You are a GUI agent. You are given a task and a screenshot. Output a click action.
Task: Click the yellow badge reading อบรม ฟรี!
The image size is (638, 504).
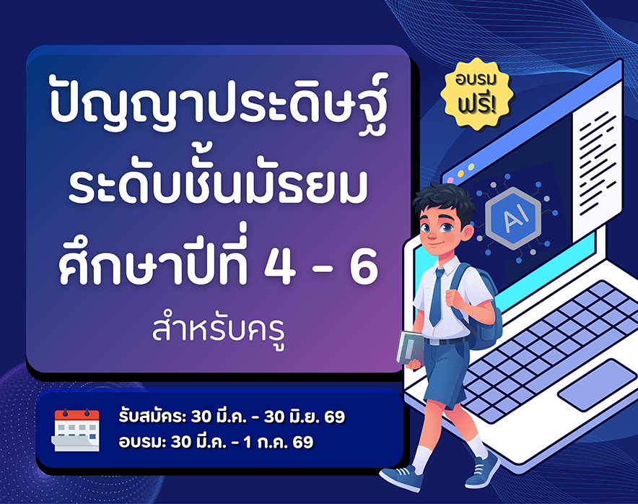pos(477,94)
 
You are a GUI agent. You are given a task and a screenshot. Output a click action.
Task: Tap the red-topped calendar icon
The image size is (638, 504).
pos(76,430)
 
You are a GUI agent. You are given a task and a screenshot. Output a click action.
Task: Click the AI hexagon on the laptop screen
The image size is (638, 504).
pos(513,218)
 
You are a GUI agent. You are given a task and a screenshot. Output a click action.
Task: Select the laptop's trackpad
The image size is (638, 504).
pos(596,385)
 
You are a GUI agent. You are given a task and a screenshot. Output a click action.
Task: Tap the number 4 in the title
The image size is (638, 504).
pos(280,266)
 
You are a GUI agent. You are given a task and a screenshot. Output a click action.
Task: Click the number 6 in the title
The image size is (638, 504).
pos(364,266)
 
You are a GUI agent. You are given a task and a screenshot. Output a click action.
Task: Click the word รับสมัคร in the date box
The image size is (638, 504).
pos(152,417)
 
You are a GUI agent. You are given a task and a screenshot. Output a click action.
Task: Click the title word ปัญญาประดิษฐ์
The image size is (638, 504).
pos(219,103)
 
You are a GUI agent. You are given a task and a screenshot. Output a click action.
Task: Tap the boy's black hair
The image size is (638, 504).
pos(444,202)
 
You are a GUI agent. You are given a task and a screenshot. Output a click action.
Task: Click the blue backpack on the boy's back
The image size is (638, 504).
pos(480,309)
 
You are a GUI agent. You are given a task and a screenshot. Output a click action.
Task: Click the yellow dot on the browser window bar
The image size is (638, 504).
pos(460,174)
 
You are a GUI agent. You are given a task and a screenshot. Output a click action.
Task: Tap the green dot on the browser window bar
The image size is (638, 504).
pos(471,168)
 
